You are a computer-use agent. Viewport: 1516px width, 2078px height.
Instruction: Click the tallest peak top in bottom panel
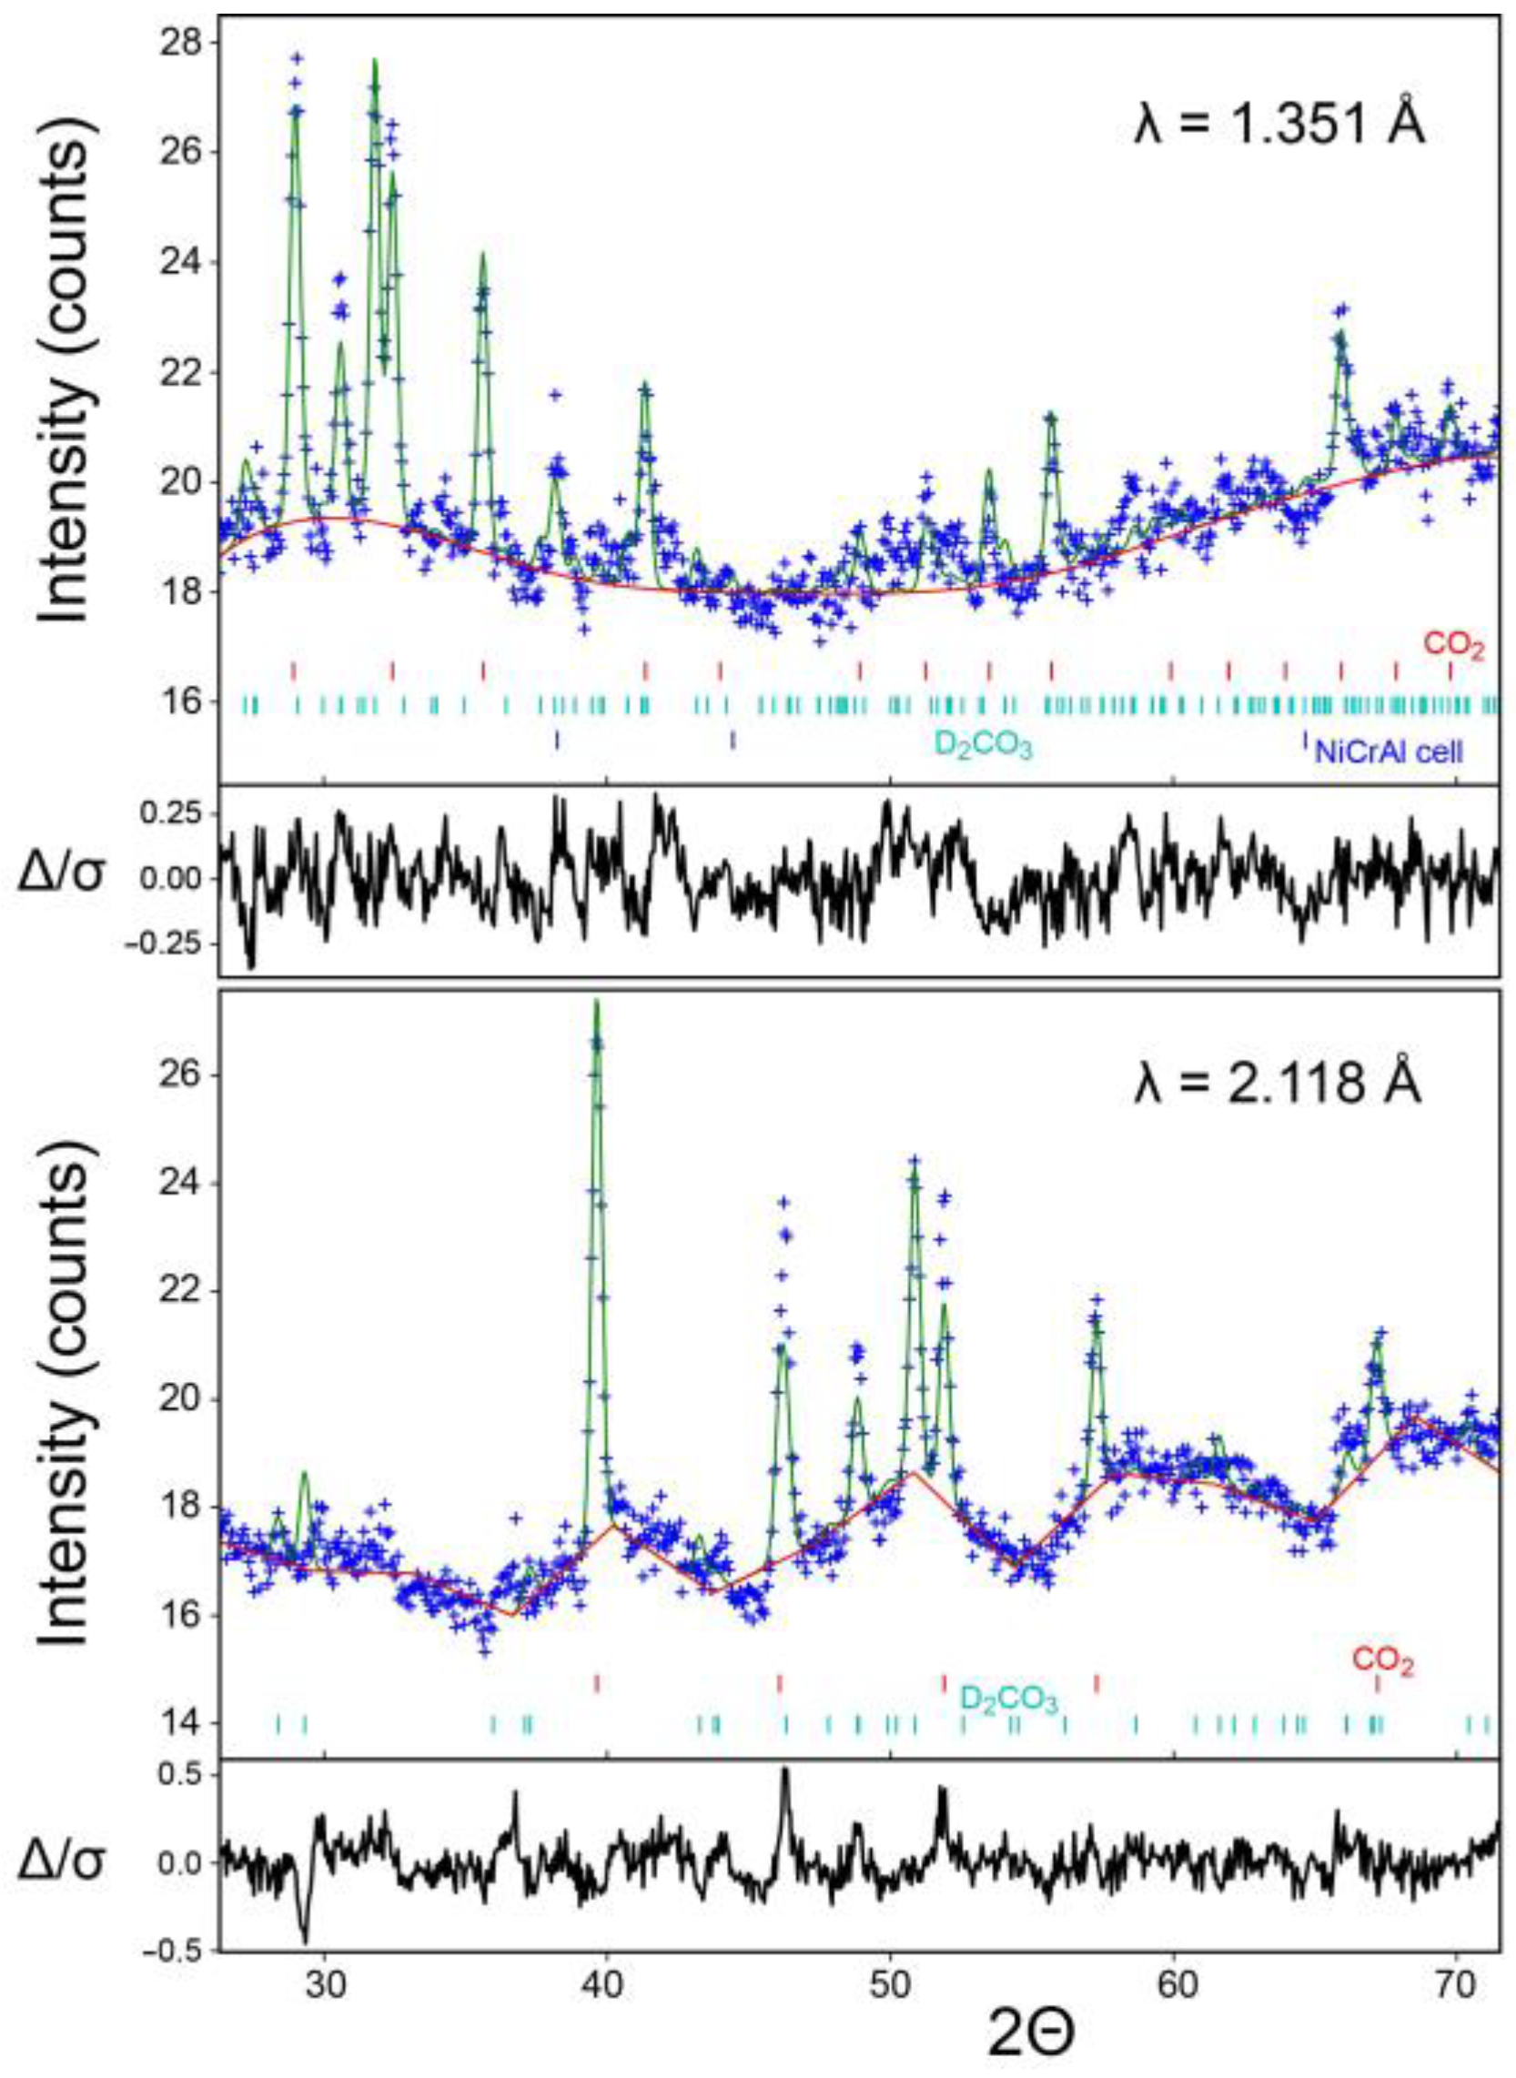pyautogui.click(x=597, y=1003)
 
